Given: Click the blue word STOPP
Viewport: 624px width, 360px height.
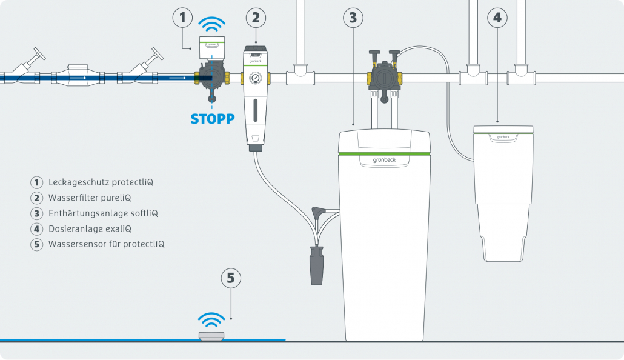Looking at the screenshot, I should pos(212,119).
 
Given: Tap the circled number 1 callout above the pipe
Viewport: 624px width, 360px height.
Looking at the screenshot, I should pos(184,18).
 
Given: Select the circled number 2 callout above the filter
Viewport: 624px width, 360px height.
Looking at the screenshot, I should pos(255,18).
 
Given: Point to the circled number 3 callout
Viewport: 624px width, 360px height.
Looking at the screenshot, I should pos(353,18).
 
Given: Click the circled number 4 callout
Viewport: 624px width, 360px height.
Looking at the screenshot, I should pos(497,18).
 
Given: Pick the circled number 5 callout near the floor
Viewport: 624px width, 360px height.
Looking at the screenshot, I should pos(230,278).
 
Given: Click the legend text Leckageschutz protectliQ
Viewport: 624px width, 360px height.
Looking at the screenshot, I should pos(96,182).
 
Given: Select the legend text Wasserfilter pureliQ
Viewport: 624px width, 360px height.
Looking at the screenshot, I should pos(90,198).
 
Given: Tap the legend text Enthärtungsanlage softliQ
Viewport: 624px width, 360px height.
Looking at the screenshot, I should pos(103,213).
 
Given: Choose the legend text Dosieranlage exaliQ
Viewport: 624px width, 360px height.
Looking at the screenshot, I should pos(90,229).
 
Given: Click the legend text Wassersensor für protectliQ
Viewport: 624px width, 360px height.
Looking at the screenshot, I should pos(106,245).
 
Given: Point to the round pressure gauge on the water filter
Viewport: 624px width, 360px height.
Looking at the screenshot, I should pos(255,78).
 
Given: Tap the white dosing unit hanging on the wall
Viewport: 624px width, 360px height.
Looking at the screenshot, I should pos(503,188).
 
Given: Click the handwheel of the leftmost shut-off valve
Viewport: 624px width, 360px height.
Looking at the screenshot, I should pos(40,53).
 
